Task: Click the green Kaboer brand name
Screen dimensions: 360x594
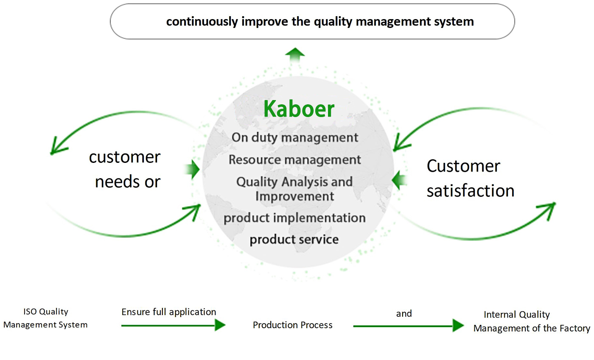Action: (x=299, y=109)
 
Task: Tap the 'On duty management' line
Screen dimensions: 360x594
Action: (x=295, y=137)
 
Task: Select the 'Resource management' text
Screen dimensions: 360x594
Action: (x=295, y=160)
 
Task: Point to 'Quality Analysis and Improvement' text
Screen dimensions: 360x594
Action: (x=294, y=189)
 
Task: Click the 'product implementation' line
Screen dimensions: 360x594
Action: (x=294, y=218)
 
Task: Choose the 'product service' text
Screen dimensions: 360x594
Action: (x=294, y=240)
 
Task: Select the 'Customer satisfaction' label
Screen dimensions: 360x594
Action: (x=470, y=178)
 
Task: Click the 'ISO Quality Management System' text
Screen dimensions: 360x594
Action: (x=45, y=318)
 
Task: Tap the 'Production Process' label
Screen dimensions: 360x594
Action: (x=293, y=325)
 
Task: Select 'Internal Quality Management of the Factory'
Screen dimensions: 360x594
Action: (x=531, y=321)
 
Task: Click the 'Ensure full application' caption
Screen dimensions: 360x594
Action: (x=169, y=312)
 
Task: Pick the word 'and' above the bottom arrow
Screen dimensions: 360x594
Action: (x=404, y=314)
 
